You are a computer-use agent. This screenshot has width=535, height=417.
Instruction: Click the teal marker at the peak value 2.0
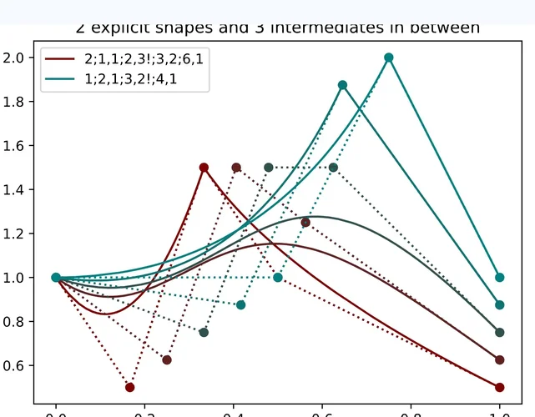pos(389,58)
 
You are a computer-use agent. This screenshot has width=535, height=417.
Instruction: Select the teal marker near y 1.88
pos(342,85)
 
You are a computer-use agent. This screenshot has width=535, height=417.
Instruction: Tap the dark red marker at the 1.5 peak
pos(204,168)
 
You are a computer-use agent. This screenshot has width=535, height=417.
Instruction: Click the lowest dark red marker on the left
pos(129,387)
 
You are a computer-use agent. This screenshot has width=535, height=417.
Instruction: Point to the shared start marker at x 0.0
pos(56,278)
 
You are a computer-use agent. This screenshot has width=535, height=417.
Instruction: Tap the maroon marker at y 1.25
pos(305,223)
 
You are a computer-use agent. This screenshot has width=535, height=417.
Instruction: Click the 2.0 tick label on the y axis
pos(16,58)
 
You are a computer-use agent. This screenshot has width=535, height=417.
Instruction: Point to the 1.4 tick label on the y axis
pos(16,190)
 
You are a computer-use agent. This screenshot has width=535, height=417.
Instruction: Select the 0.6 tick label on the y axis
pos(16,365)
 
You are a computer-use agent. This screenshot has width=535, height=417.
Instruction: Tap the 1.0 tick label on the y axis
pos(16,278)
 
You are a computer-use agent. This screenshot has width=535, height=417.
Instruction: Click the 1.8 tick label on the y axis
pos(16,102)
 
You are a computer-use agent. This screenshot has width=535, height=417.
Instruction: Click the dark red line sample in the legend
pos(62,59)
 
